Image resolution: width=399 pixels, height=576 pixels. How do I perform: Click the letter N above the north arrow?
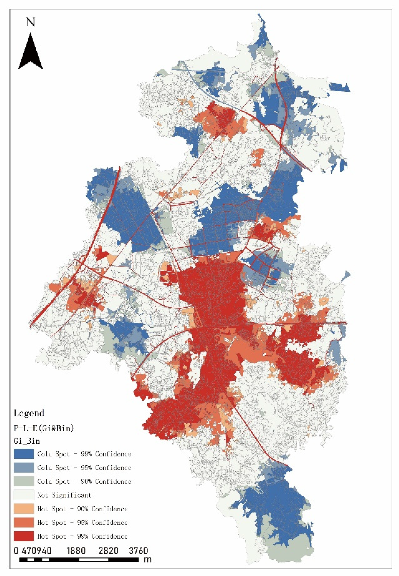(30, 23)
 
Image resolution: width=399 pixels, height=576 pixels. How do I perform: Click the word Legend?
(29, 413)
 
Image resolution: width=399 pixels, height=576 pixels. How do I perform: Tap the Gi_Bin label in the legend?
(27, 441)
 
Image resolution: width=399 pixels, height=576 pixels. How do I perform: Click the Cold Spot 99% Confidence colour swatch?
(24, 454)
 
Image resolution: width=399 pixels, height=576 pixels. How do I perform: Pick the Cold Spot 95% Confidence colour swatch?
(24, 468)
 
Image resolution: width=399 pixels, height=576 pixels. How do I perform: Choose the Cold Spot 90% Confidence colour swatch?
(24, 481)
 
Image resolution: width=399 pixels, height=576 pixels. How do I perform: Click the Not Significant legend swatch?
(24, 495)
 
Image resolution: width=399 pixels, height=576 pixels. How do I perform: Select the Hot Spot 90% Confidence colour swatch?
(24, 509)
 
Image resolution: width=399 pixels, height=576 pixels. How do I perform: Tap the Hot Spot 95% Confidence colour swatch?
(24, 523)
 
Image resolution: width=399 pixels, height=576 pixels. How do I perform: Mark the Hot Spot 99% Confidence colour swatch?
(24, 536)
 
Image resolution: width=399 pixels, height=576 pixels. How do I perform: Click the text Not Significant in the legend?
(64, 495)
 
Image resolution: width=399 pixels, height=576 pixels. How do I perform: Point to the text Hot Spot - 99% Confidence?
(82, 536)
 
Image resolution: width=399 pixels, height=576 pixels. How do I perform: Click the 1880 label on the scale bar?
(76, 551)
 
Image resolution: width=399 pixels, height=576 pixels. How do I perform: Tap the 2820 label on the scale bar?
(108, 551)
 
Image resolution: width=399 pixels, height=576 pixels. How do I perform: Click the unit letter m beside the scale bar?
(148, 559)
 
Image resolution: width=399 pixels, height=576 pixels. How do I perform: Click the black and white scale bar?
(79, 559)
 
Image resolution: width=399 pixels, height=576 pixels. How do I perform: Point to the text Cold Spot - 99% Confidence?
(84, 454)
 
